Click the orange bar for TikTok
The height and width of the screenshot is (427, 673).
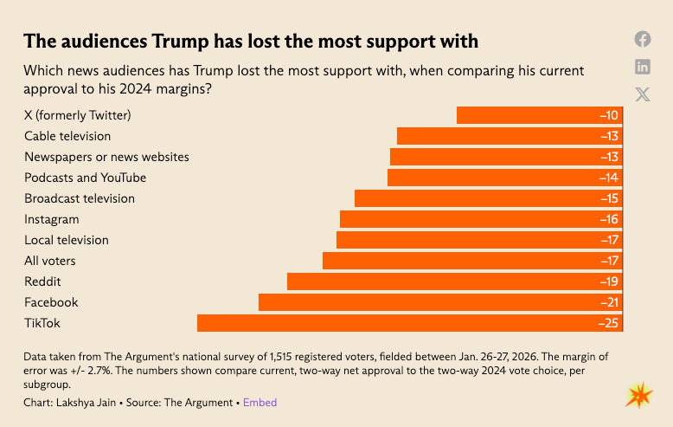[410, 323]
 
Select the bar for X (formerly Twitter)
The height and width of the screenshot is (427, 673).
[540, 115]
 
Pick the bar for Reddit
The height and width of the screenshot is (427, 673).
[455, 281]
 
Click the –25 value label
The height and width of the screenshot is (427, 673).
[607, 323]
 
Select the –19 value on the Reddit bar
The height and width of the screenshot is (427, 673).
[608, 281]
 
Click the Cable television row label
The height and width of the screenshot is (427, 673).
[67, 136]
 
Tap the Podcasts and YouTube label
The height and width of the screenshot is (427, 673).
[85, 178]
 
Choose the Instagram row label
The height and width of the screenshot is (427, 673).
[51, 219]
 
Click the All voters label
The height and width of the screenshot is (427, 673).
[50, 261]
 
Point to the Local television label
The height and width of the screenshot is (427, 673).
[67, 240]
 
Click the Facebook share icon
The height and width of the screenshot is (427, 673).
[643, 39]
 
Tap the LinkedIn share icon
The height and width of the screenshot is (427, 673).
[643, 67]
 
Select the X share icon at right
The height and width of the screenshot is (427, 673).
[643, 94]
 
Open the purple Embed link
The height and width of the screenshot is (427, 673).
[260, 403]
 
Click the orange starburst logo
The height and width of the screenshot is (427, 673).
[638, 395]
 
